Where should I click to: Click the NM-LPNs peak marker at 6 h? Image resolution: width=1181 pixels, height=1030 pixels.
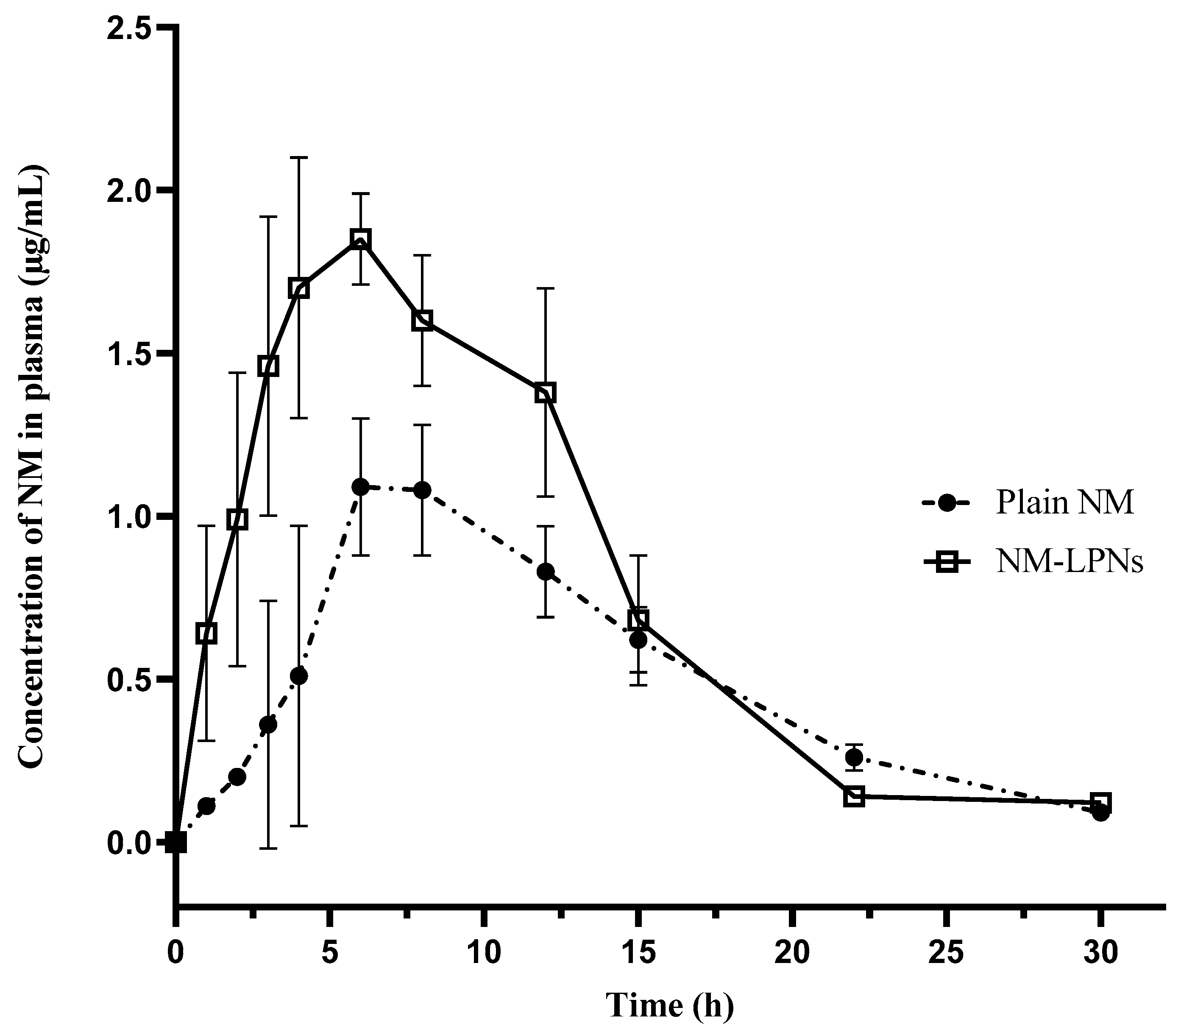pyautogui.click(x=360, y=239)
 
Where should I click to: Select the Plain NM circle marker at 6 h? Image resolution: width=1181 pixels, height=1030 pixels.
pyautogui.click(x=360, y=487)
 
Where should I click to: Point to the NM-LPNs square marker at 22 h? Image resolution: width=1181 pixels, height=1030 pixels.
pyautogui.click(x=854, y=797)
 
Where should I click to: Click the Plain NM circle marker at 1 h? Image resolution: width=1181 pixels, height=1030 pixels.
pyautogui.click(x=206, y=807)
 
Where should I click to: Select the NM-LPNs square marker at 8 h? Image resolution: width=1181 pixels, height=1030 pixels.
pyautogui.click(x=422, y=321)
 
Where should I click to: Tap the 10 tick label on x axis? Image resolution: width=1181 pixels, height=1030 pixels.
pyautogui.click(x=484, y=953)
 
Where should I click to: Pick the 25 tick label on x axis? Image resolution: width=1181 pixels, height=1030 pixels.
pyautogui.click(x=947, y=953)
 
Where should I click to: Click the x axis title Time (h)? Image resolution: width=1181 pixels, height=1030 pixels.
pyautogui.click(x=670, y=1006)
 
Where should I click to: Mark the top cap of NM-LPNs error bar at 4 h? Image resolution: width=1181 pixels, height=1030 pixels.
pyautogui.click(x=299, y=157)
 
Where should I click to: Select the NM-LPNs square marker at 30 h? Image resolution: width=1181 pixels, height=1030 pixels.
pyautogui.click(x=1100, y=802)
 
